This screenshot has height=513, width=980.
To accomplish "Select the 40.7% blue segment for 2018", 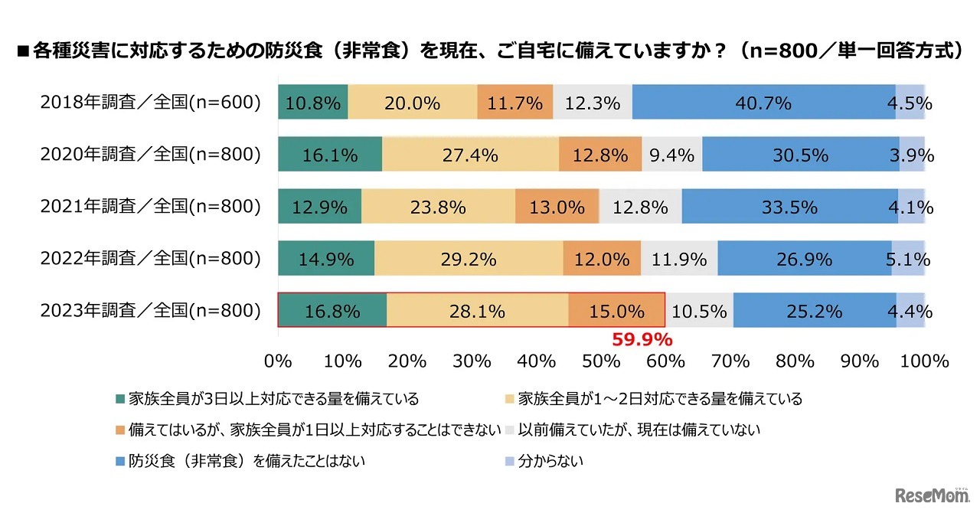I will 763,103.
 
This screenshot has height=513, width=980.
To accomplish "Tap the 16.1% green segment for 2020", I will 329,155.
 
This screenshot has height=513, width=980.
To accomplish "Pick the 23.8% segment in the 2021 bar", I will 438,207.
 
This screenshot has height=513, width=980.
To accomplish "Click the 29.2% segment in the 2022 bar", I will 469,259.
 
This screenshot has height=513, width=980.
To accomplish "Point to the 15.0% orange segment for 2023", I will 616,311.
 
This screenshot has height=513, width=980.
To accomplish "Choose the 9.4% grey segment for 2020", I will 671,155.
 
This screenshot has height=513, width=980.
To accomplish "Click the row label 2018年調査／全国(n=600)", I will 151,103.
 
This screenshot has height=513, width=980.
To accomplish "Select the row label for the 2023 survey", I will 151,311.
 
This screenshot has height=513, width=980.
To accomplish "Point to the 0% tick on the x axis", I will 278,361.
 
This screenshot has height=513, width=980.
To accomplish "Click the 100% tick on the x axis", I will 924,361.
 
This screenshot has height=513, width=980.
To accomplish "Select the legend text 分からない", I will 550,461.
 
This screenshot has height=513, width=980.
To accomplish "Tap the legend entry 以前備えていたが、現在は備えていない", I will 639,430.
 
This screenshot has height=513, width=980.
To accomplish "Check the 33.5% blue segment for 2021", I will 789,207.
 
